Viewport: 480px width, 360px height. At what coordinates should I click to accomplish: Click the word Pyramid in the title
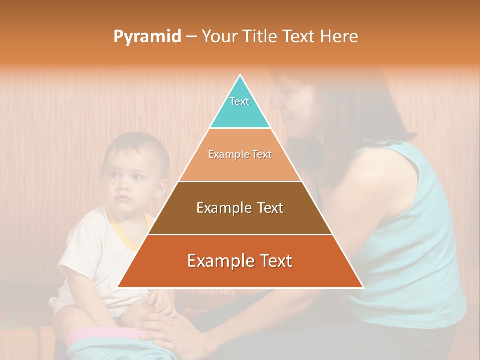147,36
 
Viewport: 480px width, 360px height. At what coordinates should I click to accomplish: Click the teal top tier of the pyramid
240,107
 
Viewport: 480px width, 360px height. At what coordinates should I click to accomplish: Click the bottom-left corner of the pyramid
118,287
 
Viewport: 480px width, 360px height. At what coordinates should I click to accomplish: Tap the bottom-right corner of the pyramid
363,287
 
